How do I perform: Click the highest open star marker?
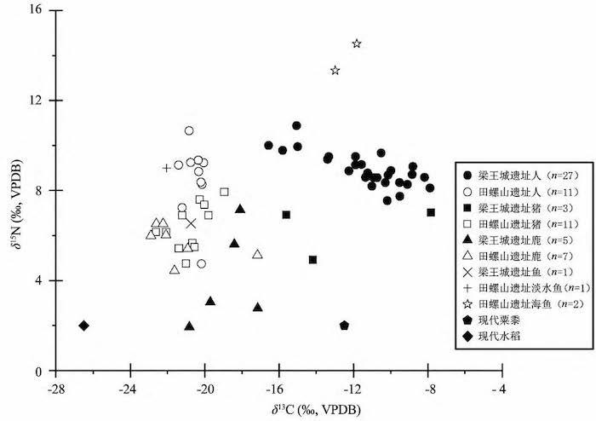[357, 43]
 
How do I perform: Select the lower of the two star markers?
[335, 71]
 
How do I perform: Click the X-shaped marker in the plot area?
[191, 223]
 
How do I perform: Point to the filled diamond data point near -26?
[83, 326]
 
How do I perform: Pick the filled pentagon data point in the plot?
[344, 326]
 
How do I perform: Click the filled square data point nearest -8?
[431, 212]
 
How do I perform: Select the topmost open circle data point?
[189, 130]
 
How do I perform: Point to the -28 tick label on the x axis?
[55, 384]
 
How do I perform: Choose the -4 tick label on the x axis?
[504, 384]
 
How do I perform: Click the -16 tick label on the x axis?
[280, 384]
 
